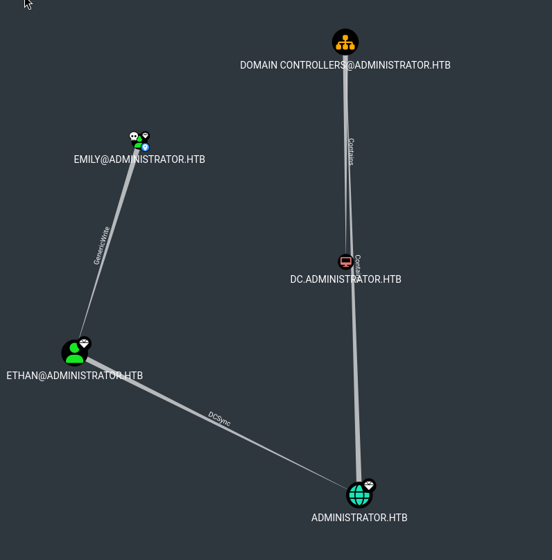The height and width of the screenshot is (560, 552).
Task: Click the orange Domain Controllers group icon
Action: click(345, 42)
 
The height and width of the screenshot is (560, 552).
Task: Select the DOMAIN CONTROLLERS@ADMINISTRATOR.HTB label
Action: click(345, 65)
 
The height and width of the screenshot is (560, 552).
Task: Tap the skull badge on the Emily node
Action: click(134, 137)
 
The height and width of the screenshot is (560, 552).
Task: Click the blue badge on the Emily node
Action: click(146, 147)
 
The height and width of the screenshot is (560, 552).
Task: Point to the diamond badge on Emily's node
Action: click(145, 136)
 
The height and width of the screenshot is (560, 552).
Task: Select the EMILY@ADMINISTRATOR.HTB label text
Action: click(139, 159)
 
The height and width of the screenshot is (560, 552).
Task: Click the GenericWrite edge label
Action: click(102, 245)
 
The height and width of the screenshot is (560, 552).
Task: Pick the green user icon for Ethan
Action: click(74, 353)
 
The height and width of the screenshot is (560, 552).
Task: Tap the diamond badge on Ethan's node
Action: click(85, 343)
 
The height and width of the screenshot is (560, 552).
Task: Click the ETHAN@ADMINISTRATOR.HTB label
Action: click(74, 376)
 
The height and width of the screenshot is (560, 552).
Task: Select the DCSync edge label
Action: click(219, 419)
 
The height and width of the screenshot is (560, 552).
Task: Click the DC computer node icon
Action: click(345, 262)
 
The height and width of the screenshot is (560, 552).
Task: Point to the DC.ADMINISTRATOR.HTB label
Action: click(345, 279)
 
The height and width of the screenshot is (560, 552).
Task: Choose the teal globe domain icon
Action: click(359, 496)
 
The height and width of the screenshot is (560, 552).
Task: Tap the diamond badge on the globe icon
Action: click(369, 485)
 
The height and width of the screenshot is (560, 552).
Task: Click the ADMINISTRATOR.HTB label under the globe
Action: click(359, 518)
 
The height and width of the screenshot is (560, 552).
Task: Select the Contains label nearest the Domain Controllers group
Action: click(351, 152)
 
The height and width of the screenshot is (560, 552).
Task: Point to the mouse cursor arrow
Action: click(28, 4)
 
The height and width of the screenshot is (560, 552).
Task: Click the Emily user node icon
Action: click(139, 142)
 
